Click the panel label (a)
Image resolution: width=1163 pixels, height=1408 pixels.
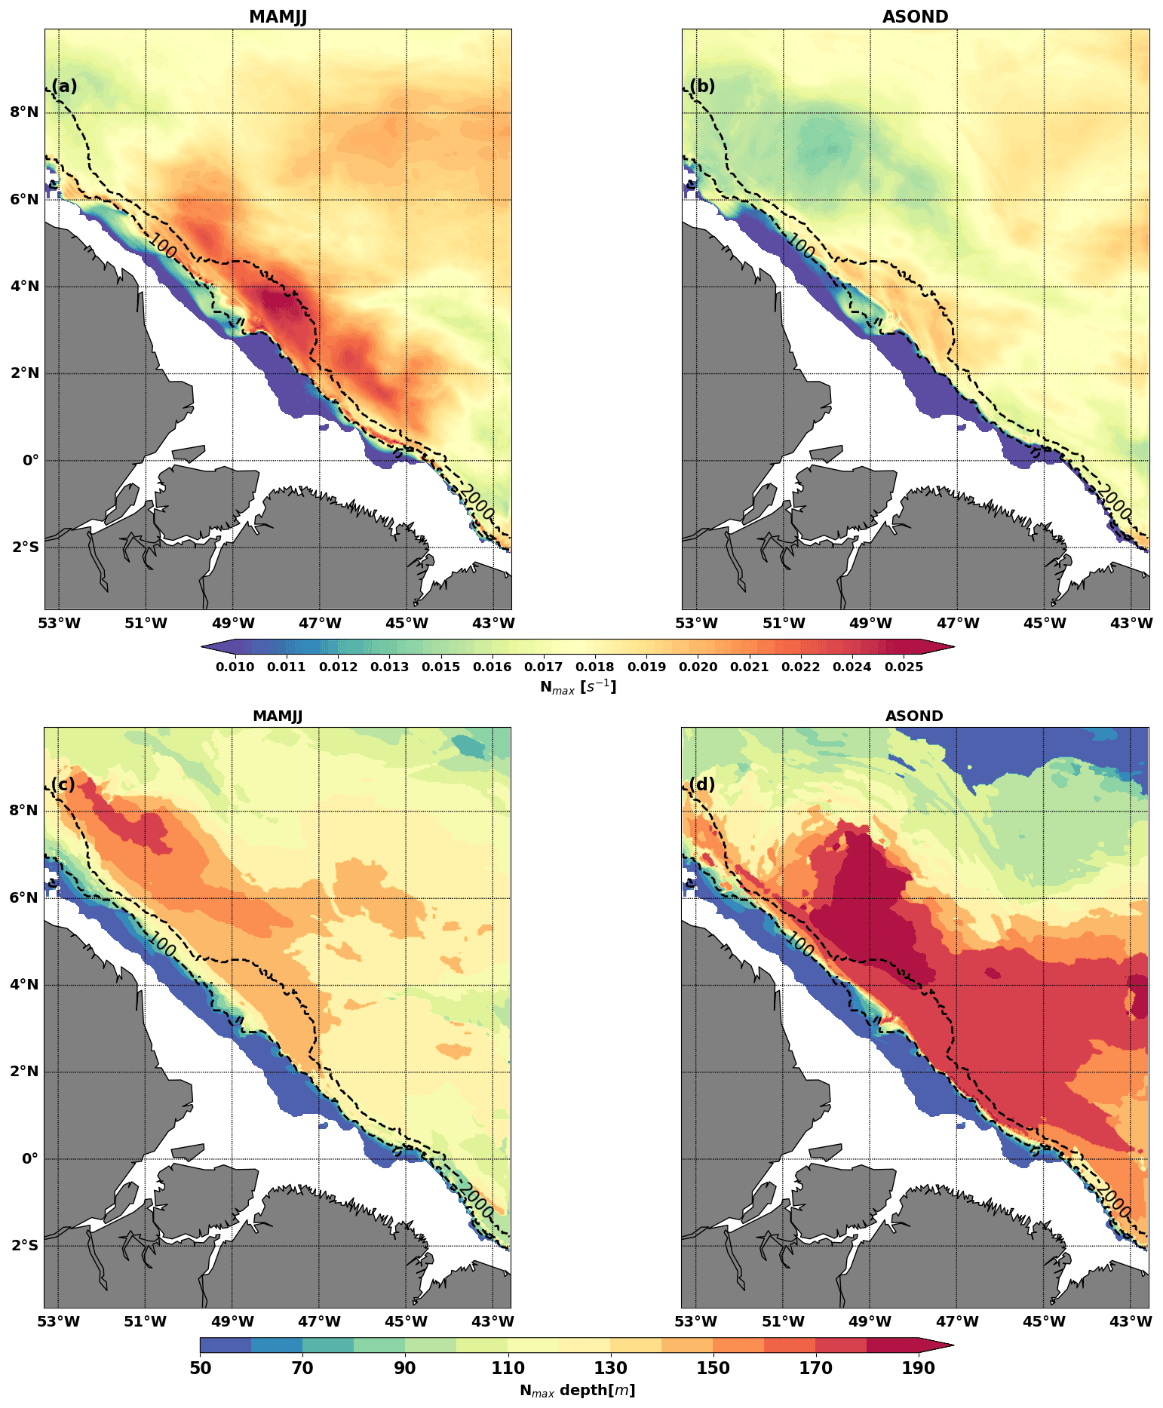pos(64,86)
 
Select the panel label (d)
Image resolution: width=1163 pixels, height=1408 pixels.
pos(702,784)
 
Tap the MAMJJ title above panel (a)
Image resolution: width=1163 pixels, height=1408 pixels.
pos(278,17)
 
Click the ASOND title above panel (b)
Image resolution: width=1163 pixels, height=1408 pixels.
pos(915,17)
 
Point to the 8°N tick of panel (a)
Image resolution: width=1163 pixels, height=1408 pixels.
pos(23,112)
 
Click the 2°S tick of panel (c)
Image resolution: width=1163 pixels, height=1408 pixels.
pos(25,1245)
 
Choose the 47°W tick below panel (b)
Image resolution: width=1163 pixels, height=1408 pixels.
pos(957,623)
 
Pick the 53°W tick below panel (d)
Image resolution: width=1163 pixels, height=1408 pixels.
pos(695,1321)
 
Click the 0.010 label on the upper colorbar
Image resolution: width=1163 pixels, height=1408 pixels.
pos(235,667)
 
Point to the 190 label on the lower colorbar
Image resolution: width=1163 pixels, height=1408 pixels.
pos(918,1368)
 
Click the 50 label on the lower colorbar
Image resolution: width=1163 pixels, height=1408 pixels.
pos(200,1368)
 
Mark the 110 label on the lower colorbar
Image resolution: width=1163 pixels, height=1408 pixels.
pos(508,1368)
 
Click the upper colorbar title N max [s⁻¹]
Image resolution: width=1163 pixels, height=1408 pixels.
pos(578,686)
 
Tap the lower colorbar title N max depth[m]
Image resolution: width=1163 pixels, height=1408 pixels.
pos(577,1390)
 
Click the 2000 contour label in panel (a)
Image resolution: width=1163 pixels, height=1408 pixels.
pos(477,502)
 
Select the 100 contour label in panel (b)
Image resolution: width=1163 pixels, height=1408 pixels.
pos(801,246)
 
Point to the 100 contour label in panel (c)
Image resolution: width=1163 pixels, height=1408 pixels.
pos(162,944)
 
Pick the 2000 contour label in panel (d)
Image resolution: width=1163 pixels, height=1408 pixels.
pos(1114,1201)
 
